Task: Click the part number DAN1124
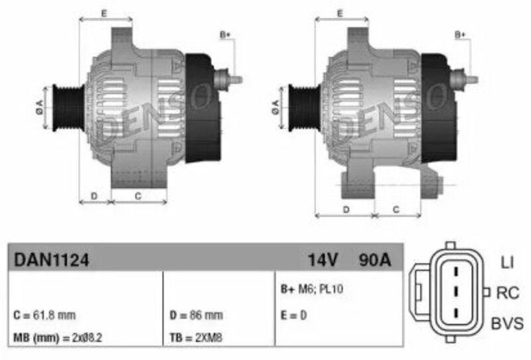[52, 260]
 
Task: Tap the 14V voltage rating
[323, 260]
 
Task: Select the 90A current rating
[375, 260]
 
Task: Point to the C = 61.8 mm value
[44, 315]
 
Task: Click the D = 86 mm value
[196, 315]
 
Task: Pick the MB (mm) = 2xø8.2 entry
[58, 337]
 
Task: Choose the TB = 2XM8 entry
[196, 337]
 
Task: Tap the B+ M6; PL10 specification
[311, 289]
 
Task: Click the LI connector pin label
[507, 262]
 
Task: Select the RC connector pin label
[508, 293]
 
